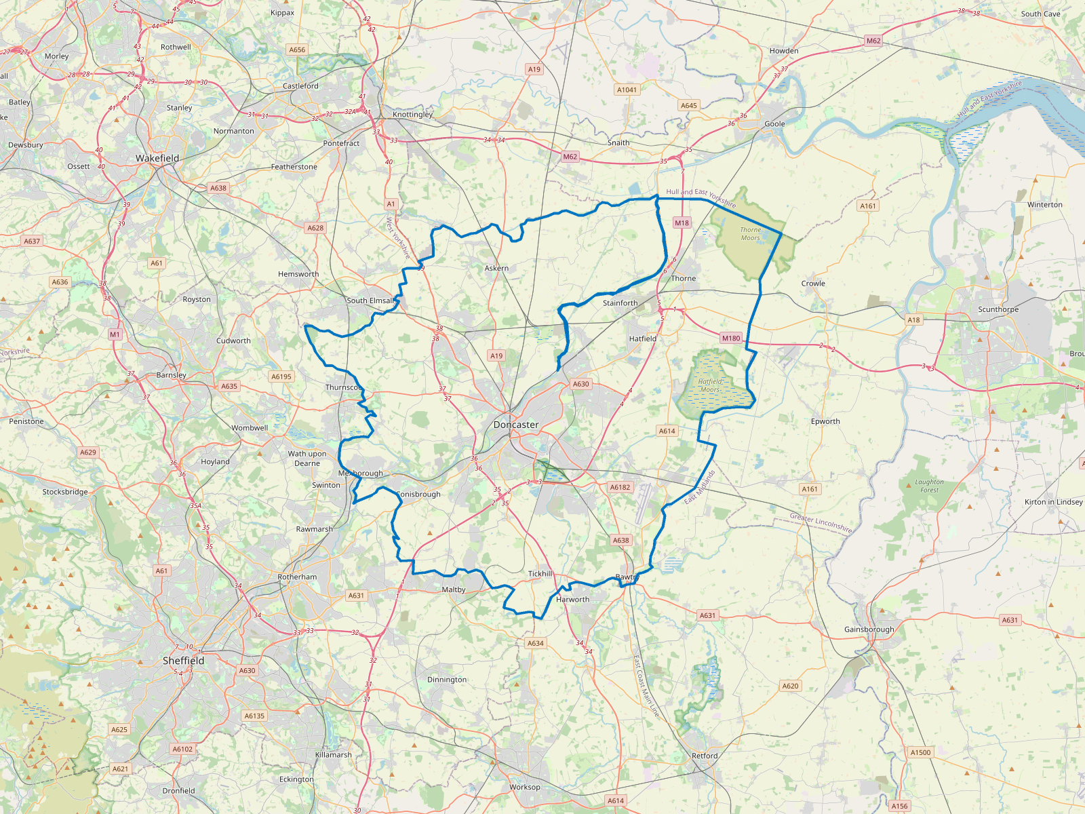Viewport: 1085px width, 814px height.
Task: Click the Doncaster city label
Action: (516, 425)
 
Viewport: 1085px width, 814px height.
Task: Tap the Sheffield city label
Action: (183, 660)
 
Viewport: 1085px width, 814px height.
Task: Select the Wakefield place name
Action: (157, 158)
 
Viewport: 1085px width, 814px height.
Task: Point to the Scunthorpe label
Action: (998, 309)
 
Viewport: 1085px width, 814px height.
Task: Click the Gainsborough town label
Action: (869, 629)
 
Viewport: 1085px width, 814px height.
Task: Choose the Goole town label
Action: (774, 124)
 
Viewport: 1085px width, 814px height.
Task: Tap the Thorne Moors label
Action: (750, 234)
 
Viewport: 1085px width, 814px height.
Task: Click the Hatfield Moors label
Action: (710, 385)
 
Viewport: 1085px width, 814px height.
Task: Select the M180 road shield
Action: (731, 338)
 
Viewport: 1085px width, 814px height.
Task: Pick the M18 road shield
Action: (682, 222)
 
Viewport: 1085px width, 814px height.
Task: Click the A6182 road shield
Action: (620, 487)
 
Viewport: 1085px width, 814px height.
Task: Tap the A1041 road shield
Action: (627, 90)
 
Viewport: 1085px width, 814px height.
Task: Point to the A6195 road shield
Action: (281, 376)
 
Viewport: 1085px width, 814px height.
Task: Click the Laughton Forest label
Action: (929, 486)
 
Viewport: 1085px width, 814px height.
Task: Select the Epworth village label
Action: (825, 421)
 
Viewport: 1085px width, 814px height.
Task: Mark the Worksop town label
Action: (525, 787)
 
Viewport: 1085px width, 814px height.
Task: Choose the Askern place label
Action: (496, 268)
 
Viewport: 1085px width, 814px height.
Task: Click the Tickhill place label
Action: (540, 574)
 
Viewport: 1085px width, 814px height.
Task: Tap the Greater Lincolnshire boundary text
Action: (821, 522)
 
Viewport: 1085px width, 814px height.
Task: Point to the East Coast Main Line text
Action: (646, 685)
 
